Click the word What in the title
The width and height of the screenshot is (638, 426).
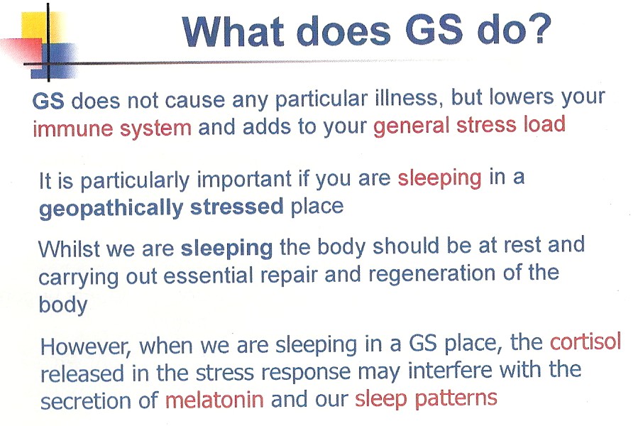click(x=233, y=31)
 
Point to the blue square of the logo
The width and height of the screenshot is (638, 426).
click(x=54, y=60)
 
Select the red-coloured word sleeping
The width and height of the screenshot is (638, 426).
click(x=439, y=178)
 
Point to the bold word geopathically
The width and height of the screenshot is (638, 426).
click(x=111, y=208)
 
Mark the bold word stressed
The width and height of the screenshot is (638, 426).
click(x=237, y=207)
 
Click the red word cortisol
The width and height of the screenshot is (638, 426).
click(x=585, y=342)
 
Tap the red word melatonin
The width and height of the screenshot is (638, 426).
click(x=214, y=400)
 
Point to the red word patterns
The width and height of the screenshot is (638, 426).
click(x=456, y=398)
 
